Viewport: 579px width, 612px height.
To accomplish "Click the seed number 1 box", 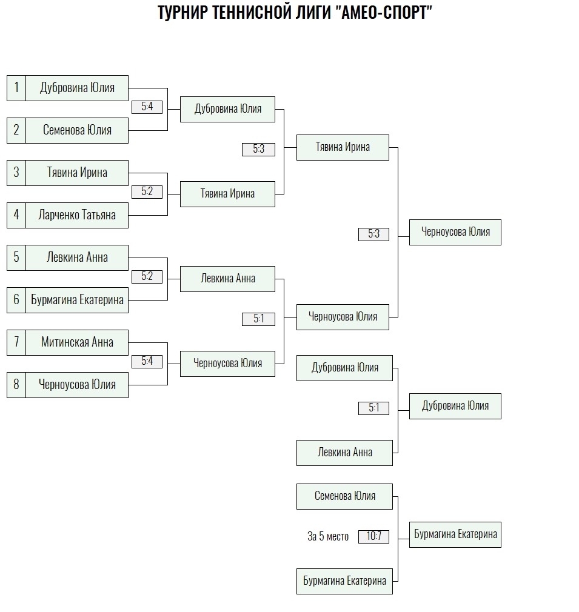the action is click(x=16, y=88).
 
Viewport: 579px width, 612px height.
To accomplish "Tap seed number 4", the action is click(x=16, y=216).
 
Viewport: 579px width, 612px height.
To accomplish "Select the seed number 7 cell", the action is click(x=16, y=343).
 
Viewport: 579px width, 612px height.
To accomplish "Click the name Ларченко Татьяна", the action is click(x=77, y=216).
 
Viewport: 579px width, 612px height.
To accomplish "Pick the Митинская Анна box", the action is click(x=77, y=343).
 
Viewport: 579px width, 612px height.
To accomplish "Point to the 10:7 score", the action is click(x=373, y=536).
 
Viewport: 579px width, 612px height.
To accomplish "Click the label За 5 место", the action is click(x=328, y=537).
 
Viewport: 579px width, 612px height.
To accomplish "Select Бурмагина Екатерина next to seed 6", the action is click(x=77, y=300).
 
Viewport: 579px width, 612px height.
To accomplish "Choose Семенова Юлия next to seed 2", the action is click(x=77, y=130).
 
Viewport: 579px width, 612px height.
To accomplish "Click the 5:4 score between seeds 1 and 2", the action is click(x=147, y=107).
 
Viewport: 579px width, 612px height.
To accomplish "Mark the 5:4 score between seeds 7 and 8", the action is click(x=147, y=361).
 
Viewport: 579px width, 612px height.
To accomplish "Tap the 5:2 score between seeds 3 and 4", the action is click(x=147, y=191).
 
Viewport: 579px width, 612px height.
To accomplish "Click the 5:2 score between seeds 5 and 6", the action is click(x=147, y=277).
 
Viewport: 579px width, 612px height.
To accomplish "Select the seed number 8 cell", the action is click(x=16, y=385).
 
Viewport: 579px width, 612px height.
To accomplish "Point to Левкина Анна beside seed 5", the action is click(x=77, y=258).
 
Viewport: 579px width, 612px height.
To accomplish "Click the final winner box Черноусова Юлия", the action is click(x=455, y=232).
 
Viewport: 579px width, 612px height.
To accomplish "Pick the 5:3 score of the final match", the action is click(x=373, y=234).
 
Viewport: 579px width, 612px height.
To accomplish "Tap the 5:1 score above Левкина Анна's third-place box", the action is click(x=373, y=408).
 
